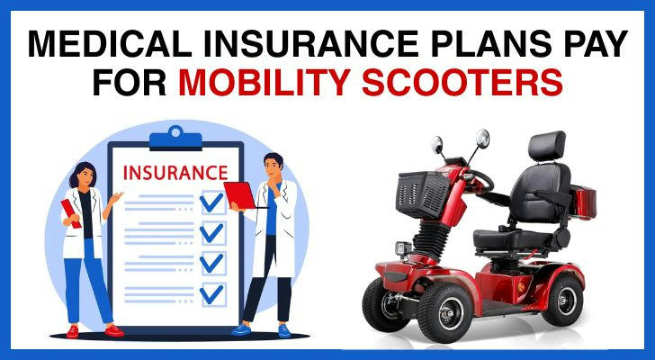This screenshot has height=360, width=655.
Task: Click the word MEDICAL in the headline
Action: click(x=111, y=44)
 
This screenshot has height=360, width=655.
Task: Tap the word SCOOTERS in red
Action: click(x=462, y=82)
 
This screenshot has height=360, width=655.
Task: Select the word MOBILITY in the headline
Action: click(x=265, y=82)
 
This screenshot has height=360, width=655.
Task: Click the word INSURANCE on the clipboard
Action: click(x=175, y=173)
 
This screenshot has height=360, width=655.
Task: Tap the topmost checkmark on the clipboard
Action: click(x=211, y=202)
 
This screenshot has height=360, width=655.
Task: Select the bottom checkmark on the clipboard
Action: click(x=211, y=293)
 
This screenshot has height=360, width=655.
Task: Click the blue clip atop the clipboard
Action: click(x=175, y=139)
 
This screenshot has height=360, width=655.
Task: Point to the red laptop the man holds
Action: click(x=240, y=195)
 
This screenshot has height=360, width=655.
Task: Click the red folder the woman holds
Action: click(x=71, y=213)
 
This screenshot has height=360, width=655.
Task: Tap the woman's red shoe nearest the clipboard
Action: click(x=114, y=331)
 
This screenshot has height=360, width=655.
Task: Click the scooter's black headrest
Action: click(x=547, y=145)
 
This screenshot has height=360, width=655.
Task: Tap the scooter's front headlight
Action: click(x=403, y=249)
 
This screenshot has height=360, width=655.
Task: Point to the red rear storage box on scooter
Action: click(x=583, y=202)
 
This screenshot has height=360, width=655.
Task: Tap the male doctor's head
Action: click(x=274, y=165)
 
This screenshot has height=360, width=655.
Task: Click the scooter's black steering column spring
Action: click(x=429, y=239)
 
